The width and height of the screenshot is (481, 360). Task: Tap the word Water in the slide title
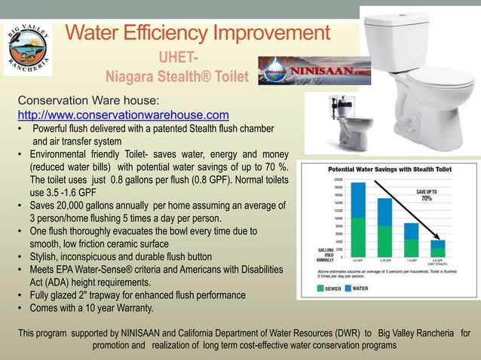point(94,33)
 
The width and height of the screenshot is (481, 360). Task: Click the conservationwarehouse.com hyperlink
point(123,114)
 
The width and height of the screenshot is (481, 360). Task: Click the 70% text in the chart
point(426,199)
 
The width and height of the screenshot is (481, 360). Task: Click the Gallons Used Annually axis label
point(313,256)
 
